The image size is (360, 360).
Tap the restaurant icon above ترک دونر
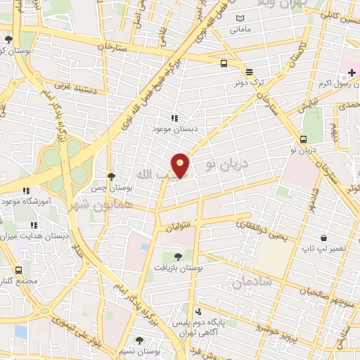[249, 71]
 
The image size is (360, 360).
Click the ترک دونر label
[250, 82]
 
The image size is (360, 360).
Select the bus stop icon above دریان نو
[303, 139]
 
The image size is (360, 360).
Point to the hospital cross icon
[352, 73]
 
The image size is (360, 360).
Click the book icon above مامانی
[240, 18]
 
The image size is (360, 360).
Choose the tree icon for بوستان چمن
[111, 176]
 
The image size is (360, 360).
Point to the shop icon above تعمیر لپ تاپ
[323, 238]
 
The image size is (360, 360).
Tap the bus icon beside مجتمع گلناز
[18, 269]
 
